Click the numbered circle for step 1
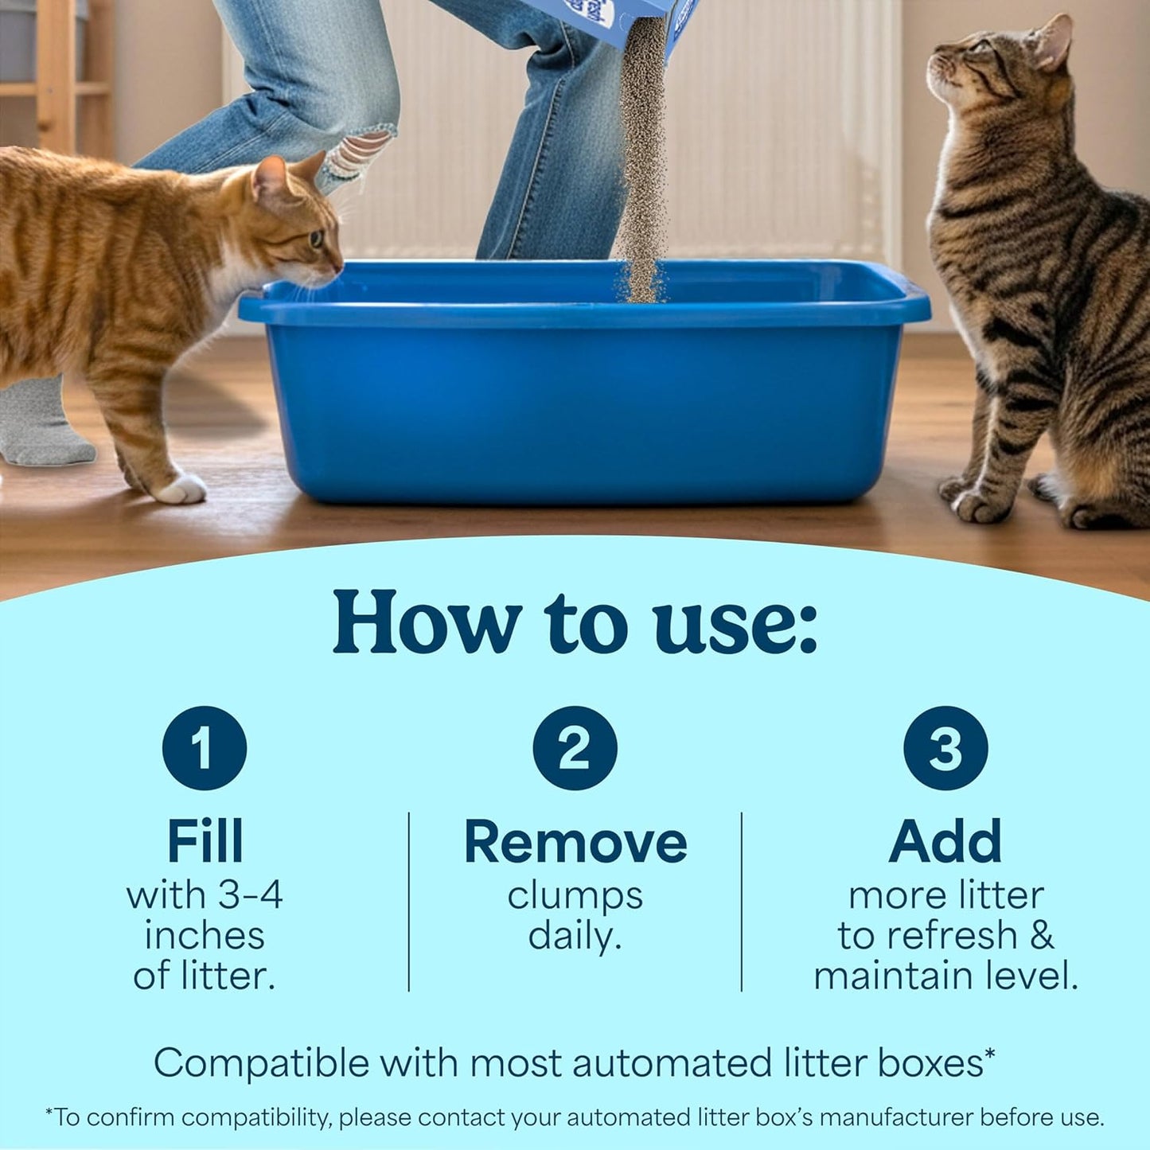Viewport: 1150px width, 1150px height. pos(205,748)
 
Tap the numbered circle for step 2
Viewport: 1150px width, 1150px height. pos(575,748)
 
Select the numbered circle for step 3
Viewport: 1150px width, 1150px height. pos(945,748)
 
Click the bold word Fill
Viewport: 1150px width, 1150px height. pos(205,842)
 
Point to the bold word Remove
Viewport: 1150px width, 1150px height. pos(575,842)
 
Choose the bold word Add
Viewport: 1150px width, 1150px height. pos(945,842)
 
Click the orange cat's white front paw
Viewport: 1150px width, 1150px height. pos(181,488)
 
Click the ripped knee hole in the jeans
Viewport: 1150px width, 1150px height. pos(357,151)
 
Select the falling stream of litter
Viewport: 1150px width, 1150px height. pos(641,175)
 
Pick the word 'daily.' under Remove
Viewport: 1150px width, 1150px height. pos(575,936)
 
